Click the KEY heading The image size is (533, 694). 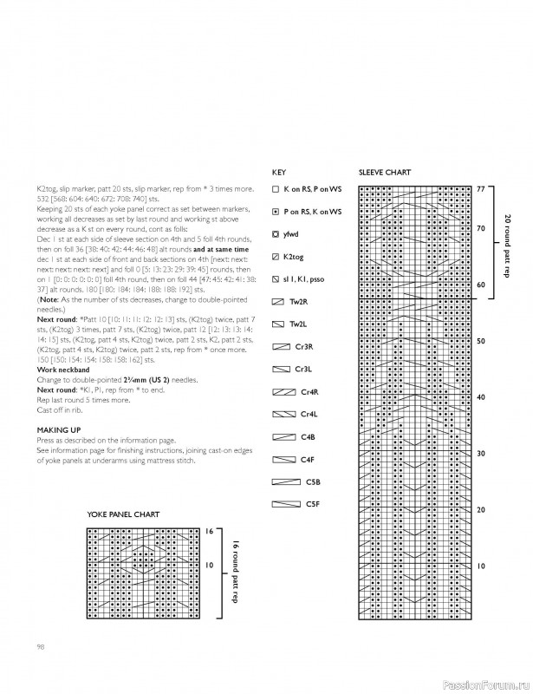tap(278, 172)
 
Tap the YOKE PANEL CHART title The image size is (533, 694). tap(123, 514)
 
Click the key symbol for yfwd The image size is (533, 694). tap(275, 233)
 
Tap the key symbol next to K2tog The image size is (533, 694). tap(275, 257)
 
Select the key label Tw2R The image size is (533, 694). tap(299, 301)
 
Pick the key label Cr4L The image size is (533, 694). tap(309, 414)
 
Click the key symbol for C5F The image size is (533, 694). tap(284, 503)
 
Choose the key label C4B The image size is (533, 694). tap(307, 436)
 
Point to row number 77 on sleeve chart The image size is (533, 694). tap(482, 188)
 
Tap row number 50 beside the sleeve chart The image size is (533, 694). tap(482, 341)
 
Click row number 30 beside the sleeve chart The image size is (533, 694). tap(482, 454)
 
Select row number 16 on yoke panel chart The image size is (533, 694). tap(210, 530)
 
